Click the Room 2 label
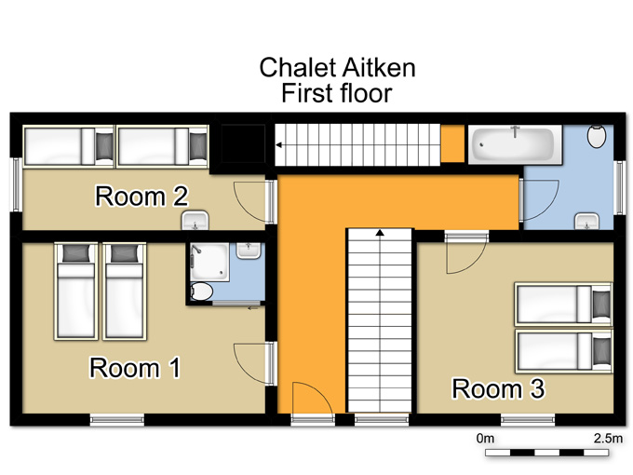[141, 197]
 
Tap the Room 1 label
[135, 368]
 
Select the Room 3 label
[498, 388]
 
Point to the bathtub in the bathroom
[515, 144]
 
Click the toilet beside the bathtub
[597, 137]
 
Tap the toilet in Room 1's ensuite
[201, 291]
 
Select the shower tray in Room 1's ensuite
[210, 262]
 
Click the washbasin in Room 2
[195, 221]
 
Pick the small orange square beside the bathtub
[452, 143]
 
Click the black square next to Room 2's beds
[243, 143]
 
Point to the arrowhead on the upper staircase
[278, 145]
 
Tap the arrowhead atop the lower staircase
[380, 232]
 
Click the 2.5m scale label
[608, 439]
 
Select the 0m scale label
[485, 439]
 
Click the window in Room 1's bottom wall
[117, 420]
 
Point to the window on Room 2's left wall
[16, 184]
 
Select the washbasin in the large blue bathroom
[587, 222]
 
